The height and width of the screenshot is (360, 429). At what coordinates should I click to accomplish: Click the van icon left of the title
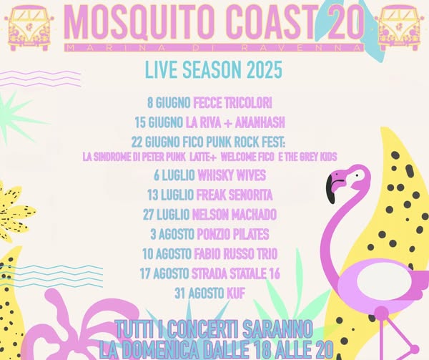(29, 28)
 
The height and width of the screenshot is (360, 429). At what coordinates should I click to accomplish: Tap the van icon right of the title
(400, 28)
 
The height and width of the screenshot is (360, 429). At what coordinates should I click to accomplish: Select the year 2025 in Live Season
(265, 69)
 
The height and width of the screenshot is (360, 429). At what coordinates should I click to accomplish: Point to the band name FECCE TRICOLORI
(232, 103)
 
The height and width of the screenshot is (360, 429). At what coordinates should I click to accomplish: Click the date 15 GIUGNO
(159, 122)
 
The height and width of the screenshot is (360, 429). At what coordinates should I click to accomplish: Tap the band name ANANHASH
(260, 122)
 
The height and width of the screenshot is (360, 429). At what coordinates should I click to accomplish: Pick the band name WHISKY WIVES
(232, 175)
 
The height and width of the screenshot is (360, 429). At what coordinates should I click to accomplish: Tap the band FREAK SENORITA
(235, 195)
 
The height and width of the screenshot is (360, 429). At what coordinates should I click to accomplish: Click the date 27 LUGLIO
(166, 215)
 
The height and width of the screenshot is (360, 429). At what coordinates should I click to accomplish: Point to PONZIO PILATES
(233, 234)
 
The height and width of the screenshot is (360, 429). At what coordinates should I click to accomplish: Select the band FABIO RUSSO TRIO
(236, 254)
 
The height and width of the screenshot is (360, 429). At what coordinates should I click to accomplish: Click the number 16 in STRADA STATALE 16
(274, 273)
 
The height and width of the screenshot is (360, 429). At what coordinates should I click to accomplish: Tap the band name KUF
(236, 293)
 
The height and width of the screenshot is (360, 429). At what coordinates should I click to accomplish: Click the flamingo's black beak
(331, 190)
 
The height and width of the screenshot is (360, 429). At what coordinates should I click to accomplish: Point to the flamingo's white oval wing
(385, 280)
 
